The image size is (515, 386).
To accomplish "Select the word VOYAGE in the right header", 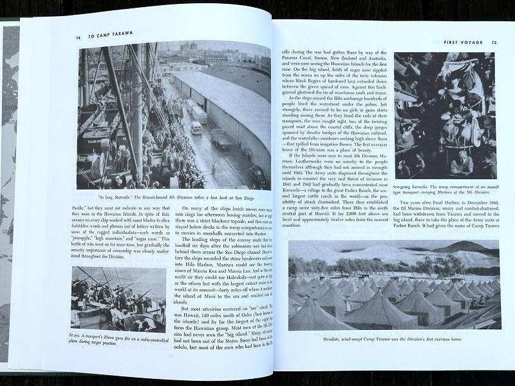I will pos(467,43).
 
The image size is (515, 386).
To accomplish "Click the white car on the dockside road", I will pos(196,126).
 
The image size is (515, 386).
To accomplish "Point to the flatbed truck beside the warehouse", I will pos(223,139).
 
